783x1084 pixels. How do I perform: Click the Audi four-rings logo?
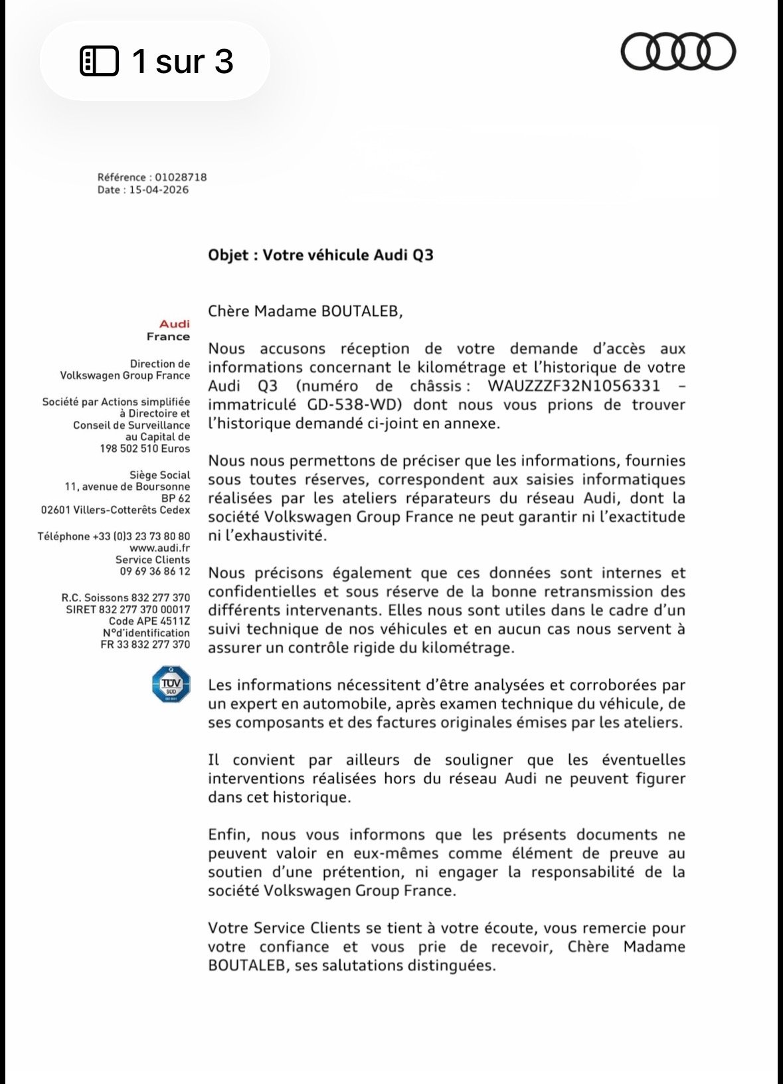(677, 52)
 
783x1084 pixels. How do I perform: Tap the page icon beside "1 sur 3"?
(99, 61)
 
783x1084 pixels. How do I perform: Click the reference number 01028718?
(180, 177)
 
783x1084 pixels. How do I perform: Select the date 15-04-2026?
(159, 190)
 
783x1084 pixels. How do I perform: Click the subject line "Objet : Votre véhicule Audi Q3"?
(320, 256)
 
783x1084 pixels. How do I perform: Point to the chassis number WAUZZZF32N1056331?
(574, 386)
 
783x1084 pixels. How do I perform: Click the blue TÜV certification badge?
(171, 684)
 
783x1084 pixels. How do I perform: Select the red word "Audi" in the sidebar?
(175, 324)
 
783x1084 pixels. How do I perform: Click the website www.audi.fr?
(159, 548)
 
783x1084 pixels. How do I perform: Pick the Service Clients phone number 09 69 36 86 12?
(155, 572)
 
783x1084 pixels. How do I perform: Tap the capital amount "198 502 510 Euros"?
(145, 449)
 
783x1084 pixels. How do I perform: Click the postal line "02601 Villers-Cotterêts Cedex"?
(116, 510)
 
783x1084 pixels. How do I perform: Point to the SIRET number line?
(128, 609)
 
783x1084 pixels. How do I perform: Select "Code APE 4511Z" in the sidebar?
(149, 621)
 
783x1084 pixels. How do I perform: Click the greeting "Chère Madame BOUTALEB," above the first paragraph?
(305, 311)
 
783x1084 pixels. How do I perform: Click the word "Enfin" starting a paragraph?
(229, 835)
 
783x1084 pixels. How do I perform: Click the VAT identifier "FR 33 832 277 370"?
(145, 645)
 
